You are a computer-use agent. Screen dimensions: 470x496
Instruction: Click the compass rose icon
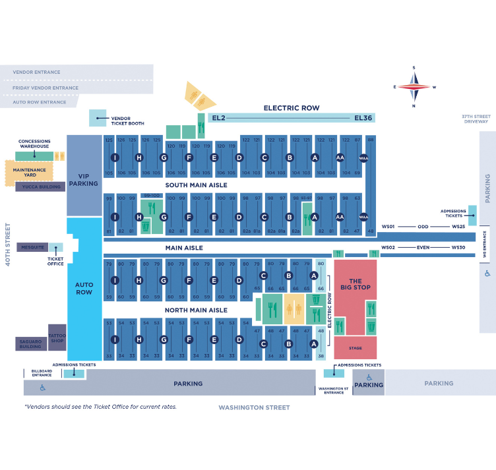tap(414, 86)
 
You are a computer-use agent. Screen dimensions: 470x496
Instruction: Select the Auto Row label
tap(84, 287)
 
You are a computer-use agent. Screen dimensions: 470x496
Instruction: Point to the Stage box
tap(356, 347)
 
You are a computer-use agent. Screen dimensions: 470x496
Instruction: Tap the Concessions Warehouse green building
tap(34, 155)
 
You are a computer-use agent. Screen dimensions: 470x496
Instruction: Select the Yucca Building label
tap(41, 187)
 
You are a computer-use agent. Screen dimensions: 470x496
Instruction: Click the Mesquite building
tap(32, 248)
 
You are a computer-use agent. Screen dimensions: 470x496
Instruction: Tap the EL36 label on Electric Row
tap(363, 118)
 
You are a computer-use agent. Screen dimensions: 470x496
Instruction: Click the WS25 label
tap(458, 227)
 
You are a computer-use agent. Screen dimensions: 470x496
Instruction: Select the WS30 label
tap(458, 248)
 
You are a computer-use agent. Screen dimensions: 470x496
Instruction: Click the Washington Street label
tap(254, 407)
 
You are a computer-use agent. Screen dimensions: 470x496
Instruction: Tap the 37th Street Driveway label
tap(475, 119)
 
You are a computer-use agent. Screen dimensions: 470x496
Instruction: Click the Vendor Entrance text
tap(36, 73)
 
